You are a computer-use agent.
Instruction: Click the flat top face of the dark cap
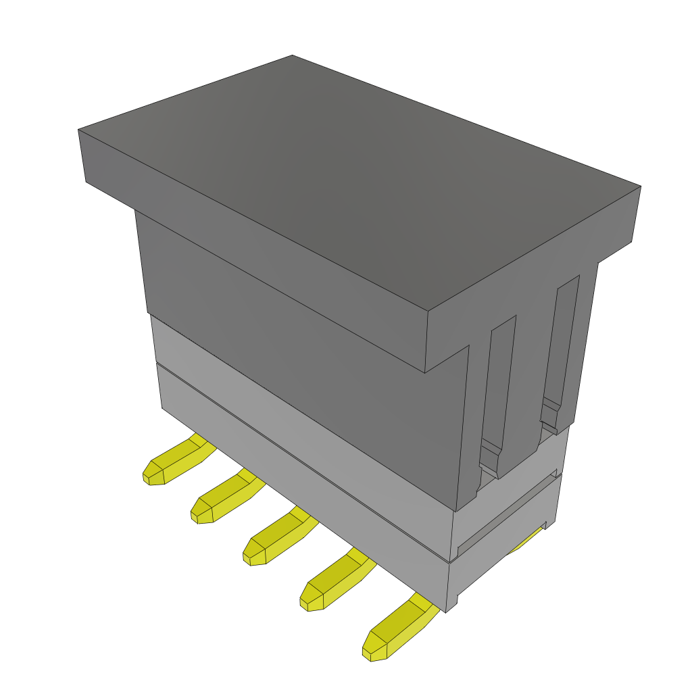pyautogui.click(x=351, y=182)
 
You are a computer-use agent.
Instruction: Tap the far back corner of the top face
pyautogui.click(x=293, y=56)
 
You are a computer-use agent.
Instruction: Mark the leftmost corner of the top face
pyautogui.click(x=79, y=129)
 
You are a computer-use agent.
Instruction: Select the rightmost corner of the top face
pyautogui.click(x=639, y=187)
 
